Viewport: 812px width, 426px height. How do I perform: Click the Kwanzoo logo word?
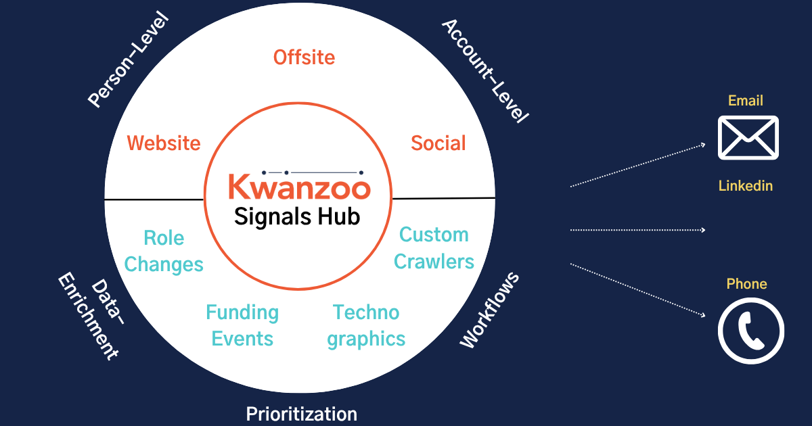pyautogui.click(x=298, y=187)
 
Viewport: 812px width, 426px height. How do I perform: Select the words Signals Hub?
pyautogui.click(x=297, y=216)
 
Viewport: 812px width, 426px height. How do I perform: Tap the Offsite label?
pyautogui.click(x=304, y=57)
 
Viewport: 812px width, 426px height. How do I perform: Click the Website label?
pyautogui.click(x=164, y=143)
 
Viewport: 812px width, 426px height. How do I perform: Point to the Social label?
pyautogui.click(x=438, y=143)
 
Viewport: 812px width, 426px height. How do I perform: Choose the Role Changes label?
pyautogui.click(x=164, y=251)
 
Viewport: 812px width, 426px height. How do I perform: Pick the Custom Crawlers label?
pyautogui.click(x=434, y=248)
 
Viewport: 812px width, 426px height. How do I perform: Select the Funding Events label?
pyautogui.click(x=242, y=325)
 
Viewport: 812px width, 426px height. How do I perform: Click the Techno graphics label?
pyautogui.click(x=366, y=325)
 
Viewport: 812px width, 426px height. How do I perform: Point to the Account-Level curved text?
pyautogui.click(x=484, y=70)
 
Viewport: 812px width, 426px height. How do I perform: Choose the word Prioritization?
pyautogui.click(x=301, y=414)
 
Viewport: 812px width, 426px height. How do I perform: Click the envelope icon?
pyautogui.click(x=748, y=137)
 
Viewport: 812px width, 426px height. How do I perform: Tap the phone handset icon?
pyautogui.click(x=750, y=331)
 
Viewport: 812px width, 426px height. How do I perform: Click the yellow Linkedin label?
pyautogui.click(x=745, y=186)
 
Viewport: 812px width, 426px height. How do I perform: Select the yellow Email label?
pyautogui.click(x=746, y=101)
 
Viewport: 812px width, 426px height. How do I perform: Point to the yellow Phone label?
pyautogui.click(x=746, y=284)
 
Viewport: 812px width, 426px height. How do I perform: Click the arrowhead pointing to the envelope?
pyautogui.click(x=704, y=145)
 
